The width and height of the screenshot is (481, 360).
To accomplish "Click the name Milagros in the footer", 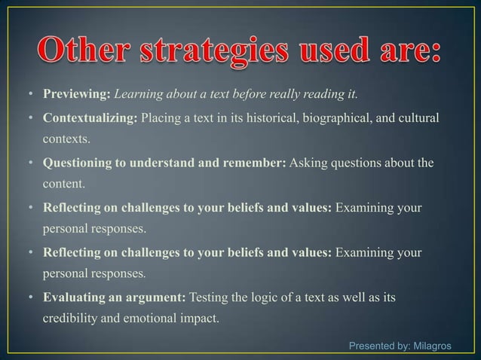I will (431, 346).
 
